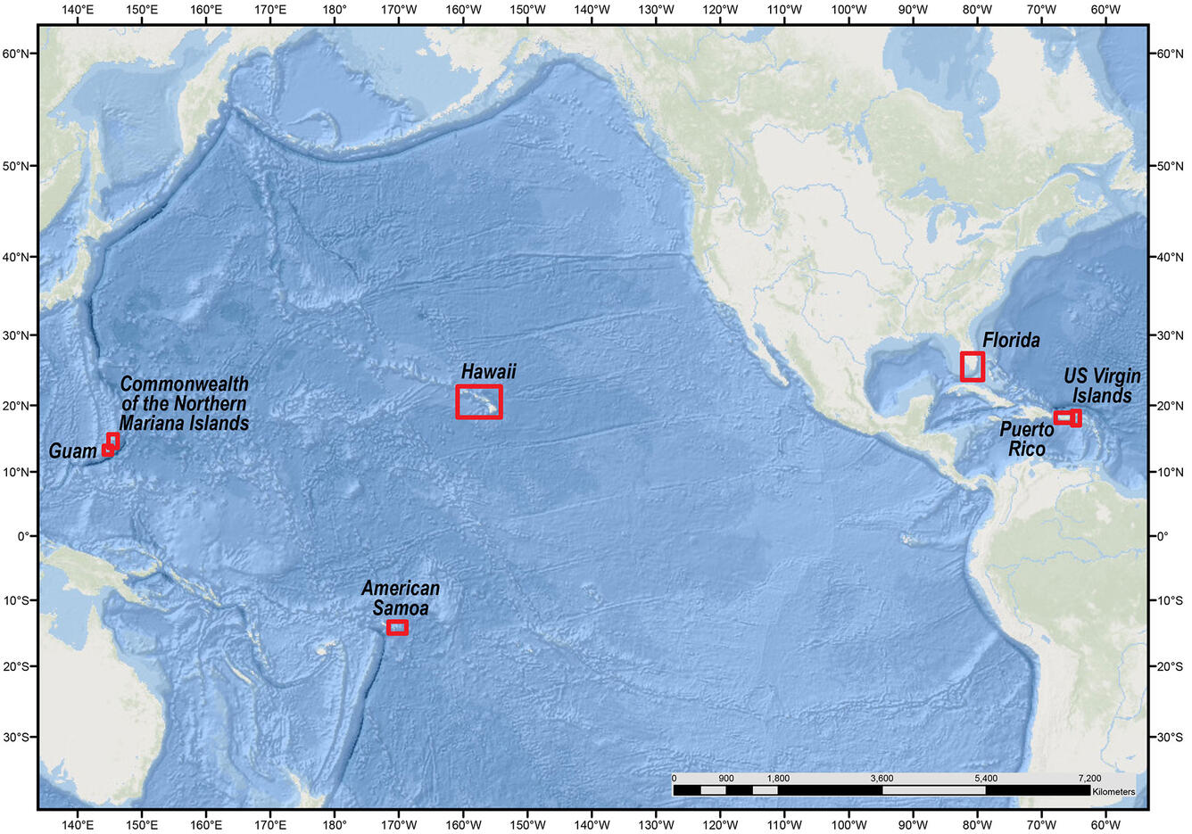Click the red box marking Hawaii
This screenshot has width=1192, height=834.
tap(479, 401)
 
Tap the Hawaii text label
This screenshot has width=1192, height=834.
tap(488, 371)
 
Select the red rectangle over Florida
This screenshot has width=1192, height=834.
tap(972, 367)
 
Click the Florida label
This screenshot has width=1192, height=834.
tap(1011, 340)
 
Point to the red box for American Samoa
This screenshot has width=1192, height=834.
tap(398, 628)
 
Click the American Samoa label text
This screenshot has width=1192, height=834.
tap(401, 598)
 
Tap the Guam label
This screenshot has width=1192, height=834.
tap(72, 451)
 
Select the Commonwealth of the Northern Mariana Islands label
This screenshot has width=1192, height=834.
tap(184, 403)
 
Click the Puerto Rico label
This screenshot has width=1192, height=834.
tap(1026, 439)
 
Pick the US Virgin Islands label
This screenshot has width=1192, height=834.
tap(1102, 385)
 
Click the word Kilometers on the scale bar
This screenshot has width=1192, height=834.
tap(1113, 791)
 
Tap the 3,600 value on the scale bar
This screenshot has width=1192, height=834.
tap(882, 778)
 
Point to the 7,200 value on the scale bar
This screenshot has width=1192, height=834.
tap(1089, 778)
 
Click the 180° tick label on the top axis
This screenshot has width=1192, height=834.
tap(335, 11)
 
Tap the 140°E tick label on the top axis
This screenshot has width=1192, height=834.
tap(78, 11)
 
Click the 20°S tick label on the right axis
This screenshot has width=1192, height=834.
tap(1169, 666)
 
